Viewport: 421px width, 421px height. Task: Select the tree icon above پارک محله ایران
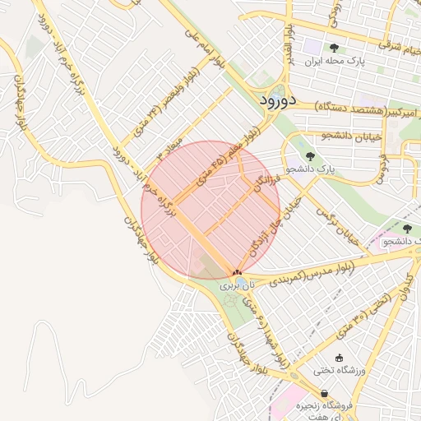coord(333,48)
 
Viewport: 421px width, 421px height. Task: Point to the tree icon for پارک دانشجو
coord(309,155)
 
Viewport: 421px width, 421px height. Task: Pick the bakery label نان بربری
coord(239,285)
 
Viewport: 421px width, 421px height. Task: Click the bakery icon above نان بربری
coord(237,272)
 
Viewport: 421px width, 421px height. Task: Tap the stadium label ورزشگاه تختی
coord(338,371)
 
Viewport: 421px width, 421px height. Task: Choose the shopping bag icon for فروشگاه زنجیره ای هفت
coord(326,394)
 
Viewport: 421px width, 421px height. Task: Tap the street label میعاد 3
coord(167,148)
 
